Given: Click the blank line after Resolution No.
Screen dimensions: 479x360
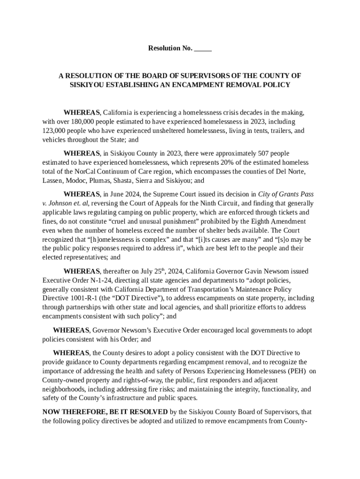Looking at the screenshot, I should click(x=203, y=49).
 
